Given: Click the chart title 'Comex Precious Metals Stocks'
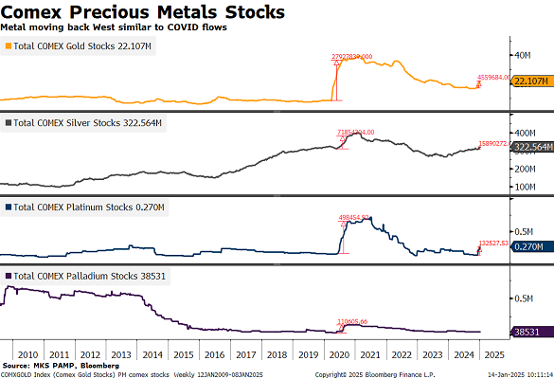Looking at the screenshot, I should (142, 12).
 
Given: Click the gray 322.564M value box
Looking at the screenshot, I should (527, 148).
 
